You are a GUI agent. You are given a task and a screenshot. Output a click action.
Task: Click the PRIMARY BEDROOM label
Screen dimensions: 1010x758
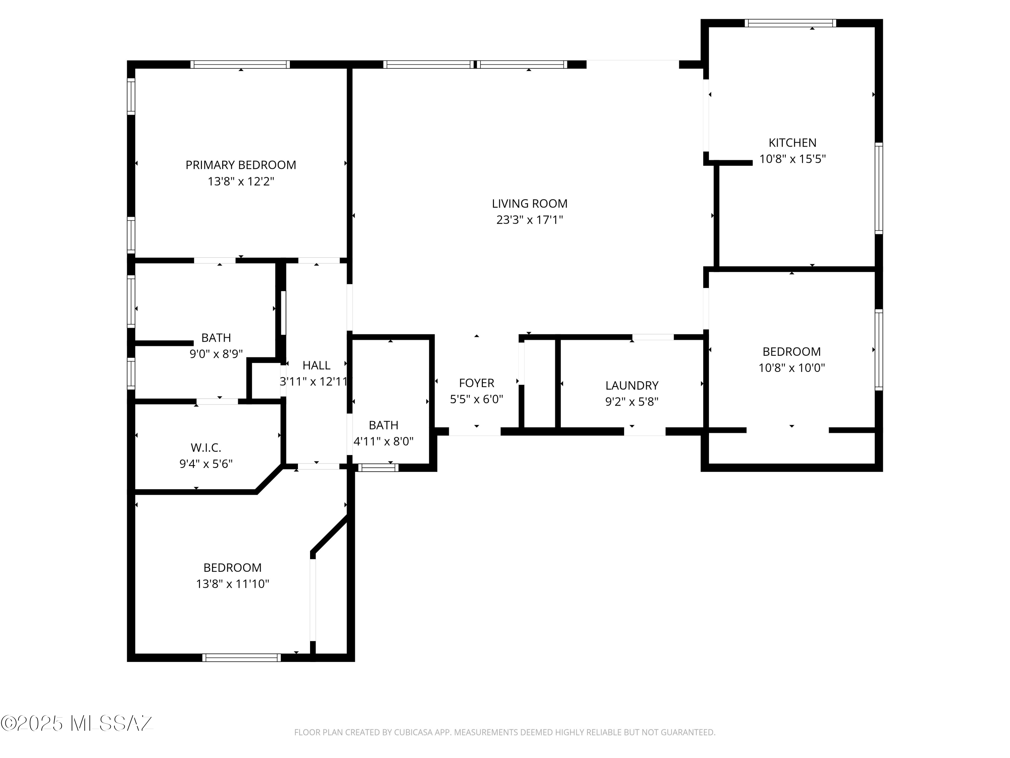pyautogui.click(x=241, y=165)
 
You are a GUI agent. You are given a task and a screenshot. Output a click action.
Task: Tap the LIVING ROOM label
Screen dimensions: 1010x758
pyautogui.click(x=530, y=203)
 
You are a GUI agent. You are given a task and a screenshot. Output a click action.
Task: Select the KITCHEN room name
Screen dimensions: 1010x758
pyautogui.click(x=792, y=143)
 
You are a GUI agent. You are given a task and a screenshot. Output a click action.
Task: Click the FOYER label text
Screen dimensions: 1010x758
pyautogui.click(x=476, y=383)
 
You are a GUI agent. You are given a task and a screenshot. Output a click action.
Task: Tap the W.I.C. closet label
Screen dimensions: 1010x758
pyautogui.click(x=206, y=447)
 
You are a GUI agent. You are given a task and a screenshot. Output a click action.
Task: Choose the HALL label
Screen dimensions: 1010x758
pyautogui.click(x=316, y=366)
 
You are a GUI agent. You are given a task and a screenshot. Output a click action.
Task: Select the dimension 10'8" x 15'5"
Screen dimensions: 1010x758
pyautogui.click(x=792, y=159)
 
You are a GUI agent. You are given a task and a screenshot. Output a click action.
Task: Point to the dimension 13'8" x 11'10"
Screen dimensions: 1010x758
pyautogui.click(x=232, y=584)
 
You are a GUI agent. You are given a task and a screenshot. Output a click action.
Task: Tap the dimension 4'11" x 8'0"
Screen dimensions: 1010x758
pyautogui.click(x=383, y=441)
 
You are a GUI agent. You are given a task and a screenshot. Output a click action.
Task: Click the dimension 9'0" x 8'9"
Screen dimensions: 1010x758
pyautogui.click(x=216, y=354)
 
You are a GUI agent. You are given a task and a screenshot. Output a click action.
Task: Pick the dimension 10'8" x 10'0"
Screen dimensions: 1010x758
pyautogui.click(x=792, y=368)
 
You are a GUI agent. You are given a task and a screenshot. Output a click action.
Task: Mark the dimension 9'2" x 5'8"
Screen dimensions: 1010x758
pyautogui.click(x=632, y=402)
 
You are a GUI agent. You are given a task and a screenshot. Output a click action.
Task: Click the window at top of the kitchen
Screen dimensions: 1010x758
pyautogui.click(x=790, y=23)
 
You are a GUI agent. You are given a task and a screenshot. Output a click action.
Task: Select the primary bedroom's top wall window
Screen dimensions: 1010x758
pyautogui.click(x=240, y=64)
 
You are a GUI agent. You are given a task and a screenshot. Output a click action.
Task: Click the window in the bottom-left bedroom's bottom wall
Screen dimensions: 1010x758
pyautogui.click(x=241, y=658)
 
